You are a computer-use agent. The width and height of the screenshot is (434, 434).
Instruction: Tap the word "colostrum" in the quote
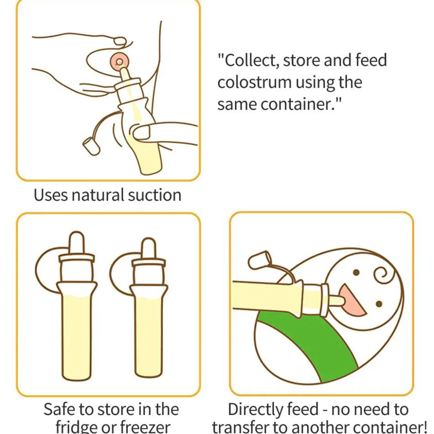coord(254,83)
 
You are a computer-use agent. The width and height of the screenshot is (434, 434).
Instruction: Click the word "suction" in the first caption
coord(154,195)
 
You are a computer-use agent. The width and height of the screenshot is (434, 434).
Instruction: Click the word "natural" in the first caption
coord(98,195)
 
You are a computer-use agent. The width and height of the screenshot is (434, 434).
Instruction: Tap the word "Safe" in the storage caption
coord(59,409)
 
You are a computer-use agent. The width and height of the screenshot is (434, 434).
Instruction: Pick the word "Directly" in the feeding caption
coord(255,409)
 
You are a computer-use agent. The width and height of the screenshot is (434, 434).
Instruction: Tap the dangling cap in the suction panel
coord(91,146)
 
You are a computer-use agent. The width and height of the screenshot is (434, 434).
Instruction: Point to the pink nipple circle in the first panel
coord(120,62)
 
